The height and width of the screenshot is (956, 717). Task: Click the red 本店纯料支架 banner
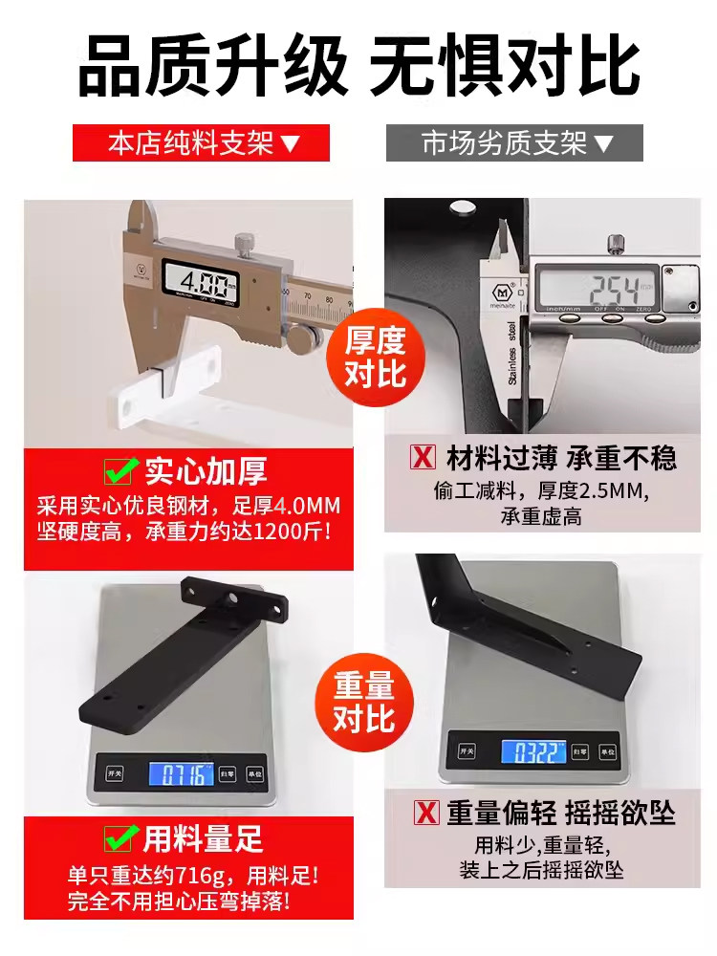coord(201,143)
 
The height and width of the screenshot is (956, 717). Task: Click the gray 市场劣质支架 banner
coord(514,143)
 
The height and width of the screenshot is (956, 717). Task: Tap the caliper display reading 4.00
coord(201,282)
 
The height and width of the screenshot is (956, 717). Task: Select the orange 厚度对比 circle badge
coord(376,357)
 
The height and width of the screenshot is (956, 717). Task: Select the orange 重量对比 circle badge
coord(364,703)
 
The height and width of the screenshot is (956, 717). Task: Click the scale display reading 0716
coord(181,773)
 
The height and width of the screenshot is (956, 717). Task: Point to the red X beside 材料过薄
coord(424,457)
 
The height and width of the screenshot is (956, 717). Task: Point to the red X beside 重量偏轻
coord(426,812)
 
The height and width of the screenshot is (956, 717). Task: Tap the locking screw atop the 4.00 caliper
coord(245,244)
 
